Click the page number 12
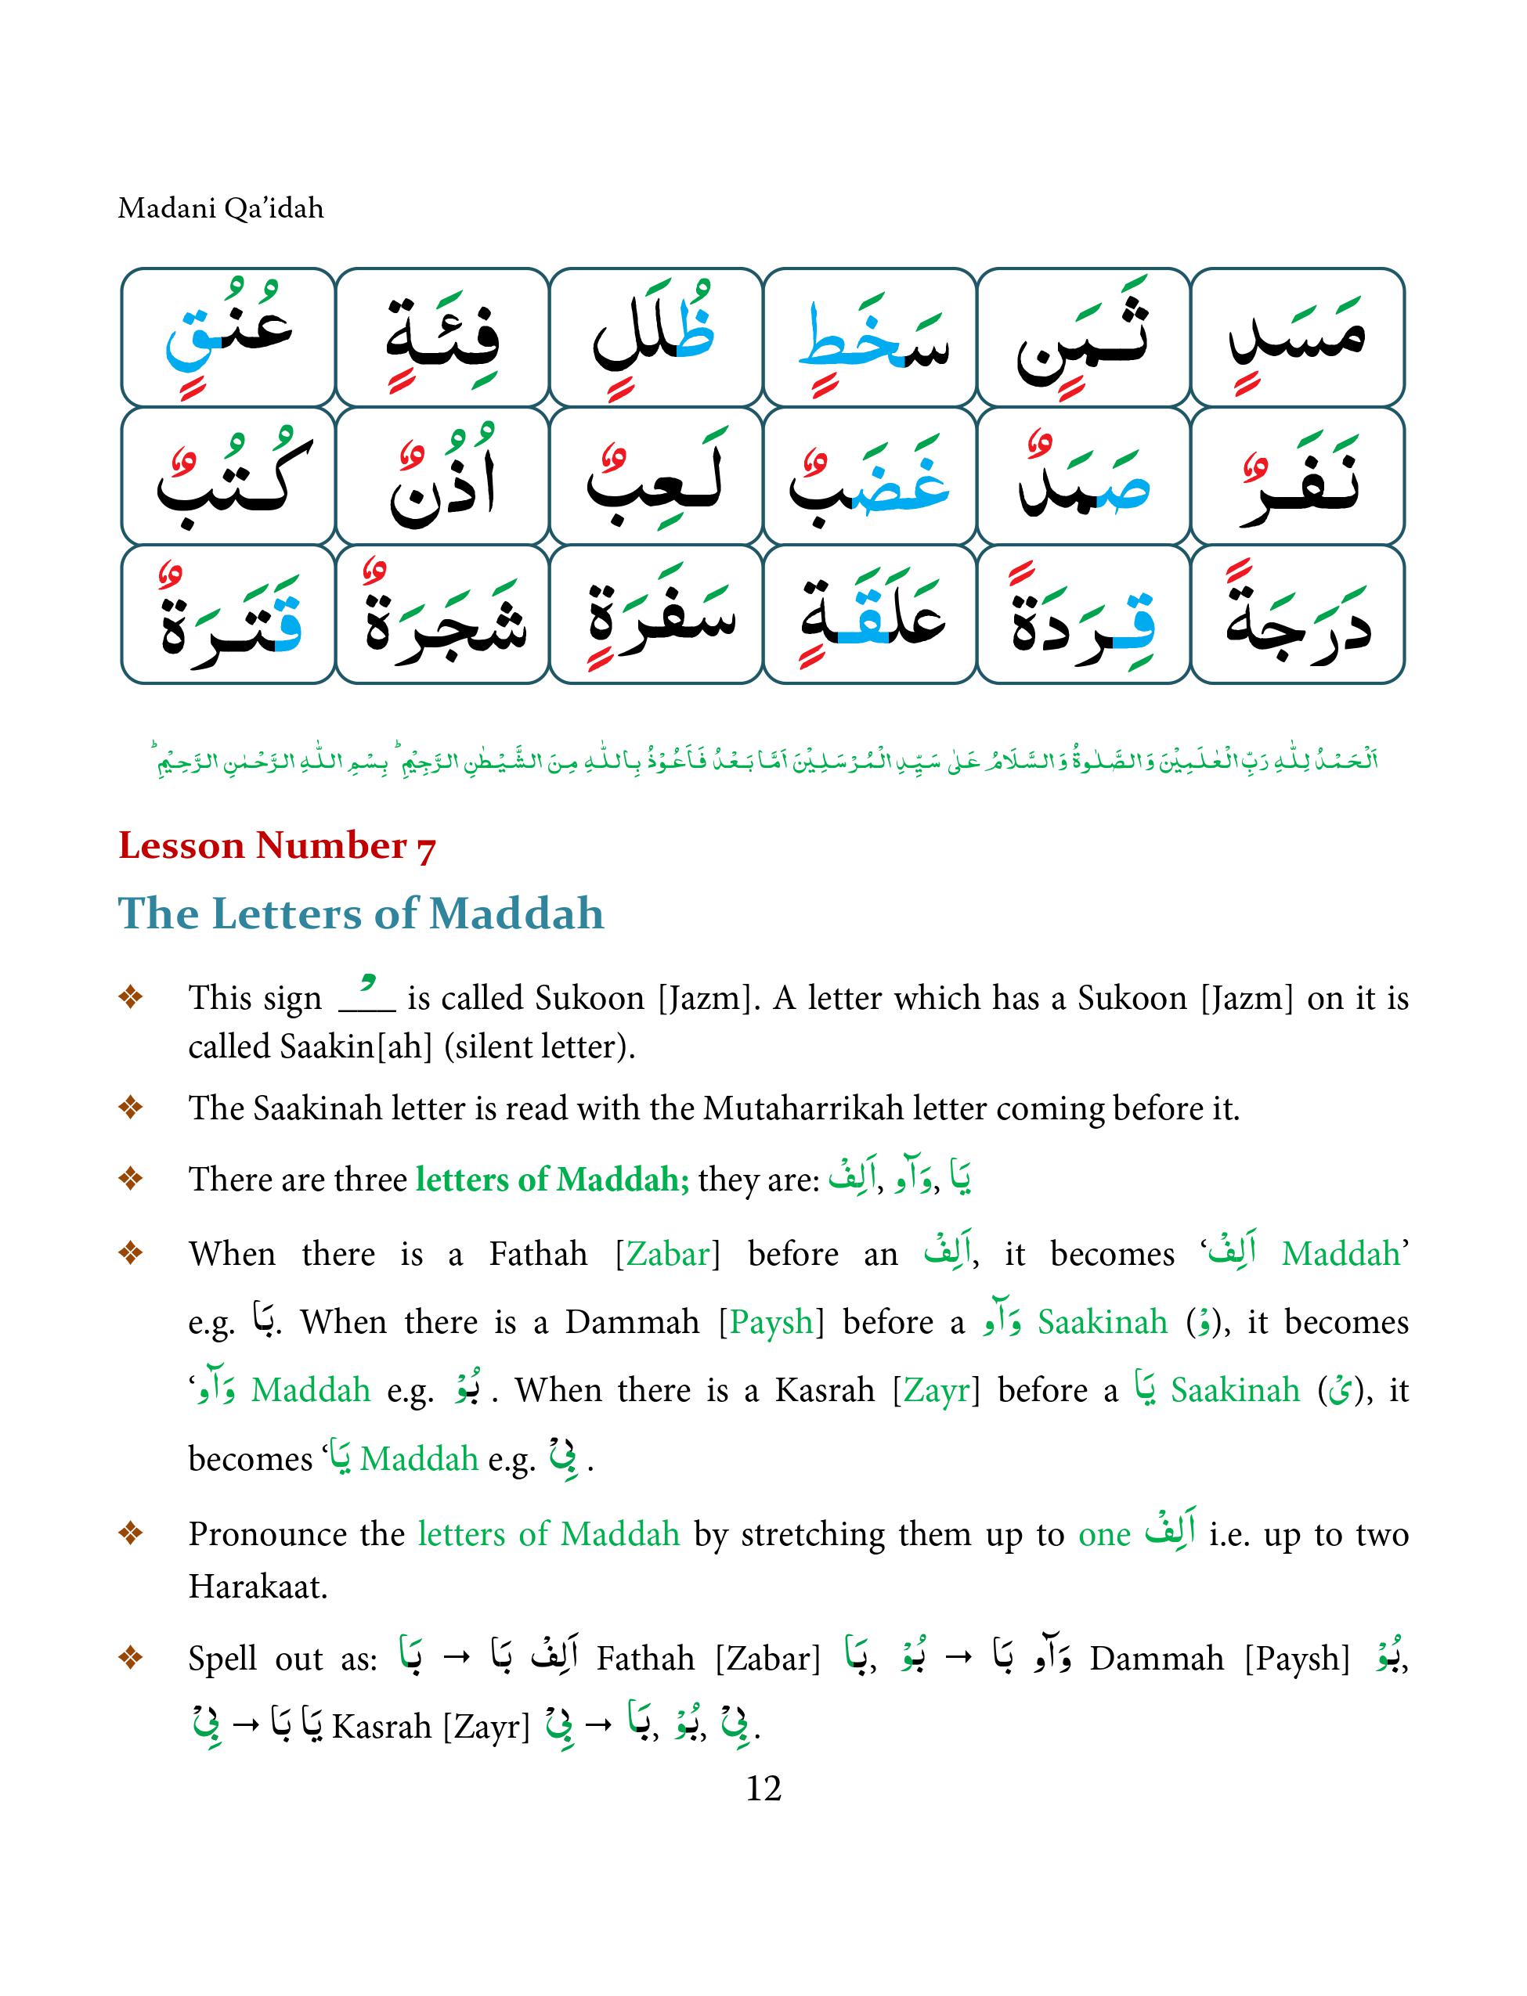(763, 1788)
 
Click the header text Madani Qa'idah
(221, 208)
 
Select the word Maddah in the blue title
(515, 913)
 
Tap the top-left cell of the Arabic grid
(228, 337)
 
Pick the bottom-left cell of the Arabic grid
(228, 614)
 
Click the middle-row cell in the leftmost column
(228, 476)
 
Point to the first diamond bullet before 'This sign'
(131, 997)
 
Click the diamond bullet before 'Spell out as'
(131, 1658)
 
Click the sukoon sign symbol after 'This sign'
(366, 997)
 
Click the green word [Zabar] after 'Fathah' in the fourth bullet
(667, 1254)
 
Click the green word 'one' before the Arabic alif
(1103, 1533)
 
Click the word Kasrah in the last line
(382, 1726)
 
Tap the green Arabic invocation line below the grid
(763, 759)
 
